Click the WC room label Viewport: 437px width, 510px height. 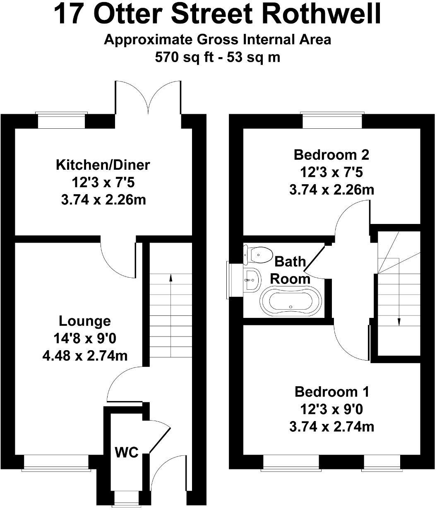click(x=126, y=452)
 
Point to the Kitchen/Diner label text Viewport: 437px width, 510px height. click(x=103, y=165)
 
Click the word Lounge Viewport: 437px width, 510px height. click(x=85, y=321)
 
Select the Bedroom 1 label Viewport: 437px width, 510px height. click(x=332, y=391)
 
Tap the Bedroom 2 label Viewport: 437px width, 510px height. click(x=331, y=155)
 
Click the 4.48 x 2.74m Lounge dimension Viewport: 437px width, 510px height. click(x=85, y=356)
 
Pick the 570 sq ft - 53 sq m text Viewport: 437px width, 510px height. click(x=218, y=57)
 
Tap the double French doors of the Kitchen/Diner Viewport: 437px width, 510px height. click(x=148, y=97)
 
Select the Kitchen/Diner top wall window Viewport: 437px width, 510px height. click(x=61, y=120)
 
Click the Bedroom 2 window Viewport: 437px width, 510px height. click(x=332, y=120)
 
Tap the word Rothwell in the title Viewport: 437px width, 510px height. click(x=322, y=14)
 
